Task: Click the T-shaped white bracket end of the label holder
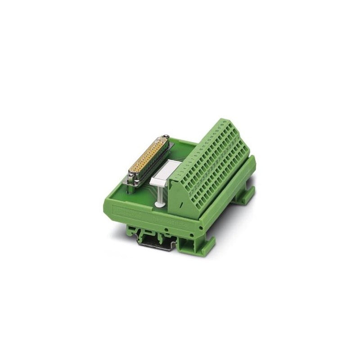159,182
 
